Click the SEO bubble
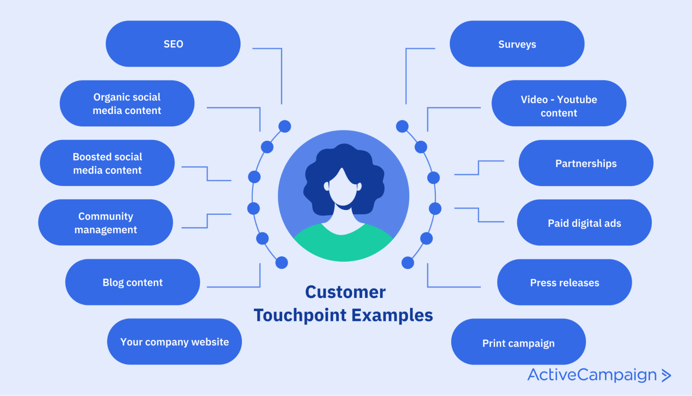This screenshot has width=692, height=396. tap(173, 44)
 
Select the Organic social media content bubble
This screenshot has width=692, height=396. tap(127, 104)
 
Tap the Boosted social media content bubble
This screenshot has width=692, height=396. tap(107, 163)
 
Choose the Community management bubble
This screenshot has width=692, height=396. tap(106, 223)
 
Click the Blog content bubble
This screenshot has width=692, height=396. tap(132, 282)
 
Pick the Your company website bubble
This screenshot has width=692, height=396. tap(174, 342)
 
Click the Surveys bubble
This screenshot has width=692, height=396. tap(517, 44)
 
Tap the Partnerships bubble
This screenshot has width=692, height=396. tap(586, 163)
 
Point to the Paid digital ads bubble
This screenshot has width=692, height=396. tap(584, 223)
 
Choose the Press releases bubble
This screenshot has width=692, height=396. tap(564, 282)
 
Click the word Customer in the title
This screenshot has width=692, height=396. tap(345, 292)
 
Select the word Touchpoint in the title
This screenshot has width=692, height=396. tap(300, 315)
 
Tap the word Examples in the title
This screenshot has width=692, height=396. tap(392, 315)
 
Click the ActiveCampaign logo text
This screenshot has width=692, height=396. tap(592, 375)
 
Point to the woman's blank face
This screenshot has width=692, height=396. tap(342, 189)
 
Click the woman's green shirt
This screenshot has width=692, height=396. tap(342, 245)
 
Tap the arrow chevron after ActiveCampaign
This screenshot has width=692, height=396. tap(666, 375)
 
